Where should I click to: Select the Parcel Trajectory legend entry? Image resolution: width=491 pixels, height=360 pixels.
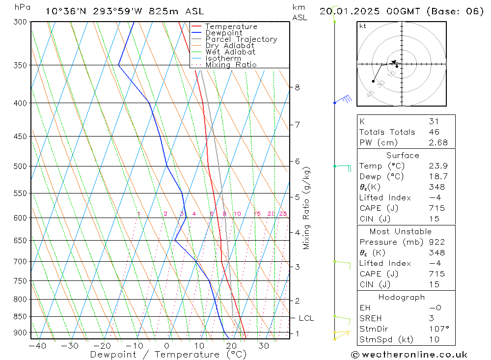(241, 39)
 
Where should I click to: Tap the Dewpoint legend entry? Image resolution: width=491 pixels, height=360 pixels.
(223, 33)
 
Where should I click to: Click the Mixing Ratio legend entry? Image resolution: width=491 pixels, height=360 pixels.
(231, 65)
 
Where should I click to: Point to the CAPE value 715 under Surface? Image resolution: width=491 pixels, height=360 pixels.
(436, 208)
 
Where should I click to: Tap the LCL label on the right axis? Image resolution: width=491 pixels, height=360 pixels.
(306, 318)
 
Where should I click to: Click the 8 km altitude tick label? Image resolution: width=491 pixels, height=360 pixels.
(297, 87)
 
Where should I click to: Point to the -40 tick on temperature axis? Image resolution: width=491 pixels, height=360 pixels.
(37, 346)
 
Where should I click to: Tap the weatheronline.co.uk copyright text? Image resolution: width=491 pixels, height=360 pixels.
(409, 355)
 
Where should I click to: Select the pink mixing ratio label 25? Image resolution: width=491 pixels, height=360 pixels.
(283, 214)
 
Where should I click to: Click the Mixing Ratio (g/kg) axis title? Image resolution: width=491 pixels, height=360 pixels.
(307, 208)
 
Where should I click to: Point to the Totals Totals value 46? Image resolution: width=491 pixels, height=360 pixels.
(434, 132)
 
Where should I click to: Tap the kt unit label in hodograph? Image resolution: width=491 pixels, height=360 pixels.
(362, 26)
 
